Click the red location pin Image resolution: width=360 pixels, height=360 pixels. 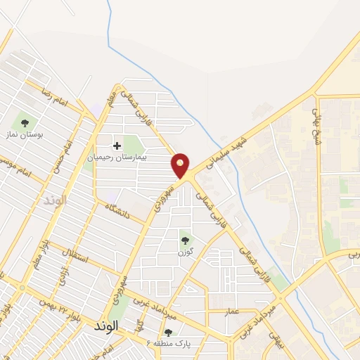[x=181, y=165]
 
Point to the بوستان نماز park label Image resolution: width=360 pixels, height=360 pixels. [x=25, y=134]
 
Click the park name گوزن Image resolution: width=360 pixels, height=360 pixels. [x=185, y=252]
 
